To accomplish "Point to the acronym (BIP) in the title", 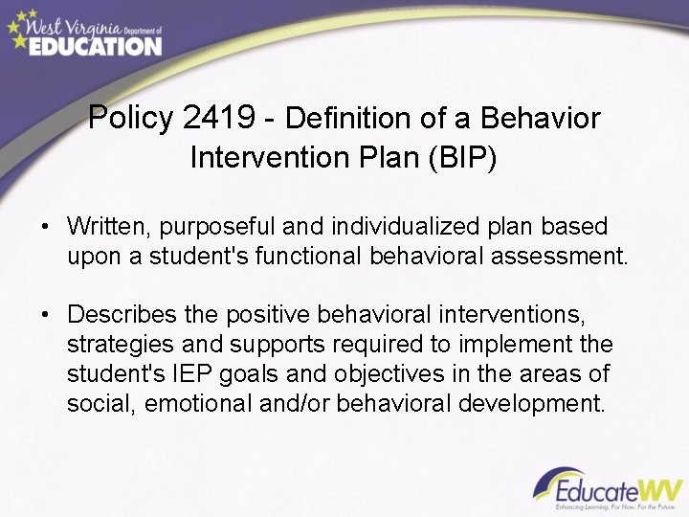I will point(464,156).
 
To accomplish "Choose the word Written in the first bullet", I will point(107,227).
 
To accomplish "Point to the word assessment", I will point(564,257).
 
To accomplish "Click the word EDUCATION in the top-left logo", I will point(95,44).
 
